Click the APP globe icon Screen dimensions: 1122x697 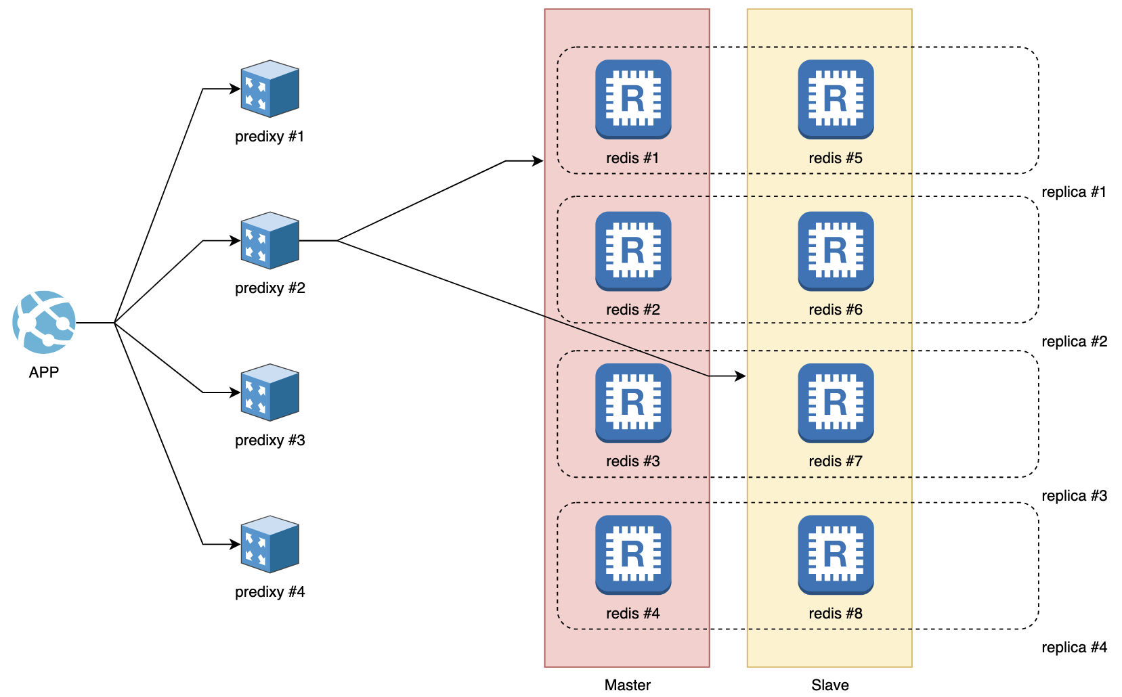pyautogui.click(x=44, y=323)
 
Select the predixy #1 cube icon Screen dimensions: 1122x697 pyautogui.click(x=270, y=89)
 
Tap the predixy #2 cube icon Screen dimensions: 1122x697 pyautogui.click(x=270, y=240)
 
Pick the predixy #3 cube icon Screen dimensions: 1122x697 pyautogui.click(x=270, y=392)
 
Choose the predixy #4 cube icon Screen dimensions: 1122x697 pyautogui.click(x=270, y=544)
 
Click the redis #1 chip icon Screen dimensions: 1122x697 pyautogui.click(x=633, y=99)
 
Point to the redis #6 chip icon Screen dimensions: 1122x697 pyautogui.click(x=836, y=251)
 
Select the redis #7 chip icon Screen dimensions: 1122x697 pyautogui.click(x=836, y=403)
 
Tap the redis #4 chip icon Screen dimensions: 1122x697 pyautogui.click(x=633, y=555)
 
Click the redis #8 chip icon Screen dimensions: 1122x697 pyautogui.click(x=836, y=555)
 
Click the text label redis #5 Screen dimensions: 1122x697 pyautogui.click(x=836, y=158)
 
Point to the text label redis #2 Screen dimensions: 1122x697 pyautogui.click(x=633, y=310)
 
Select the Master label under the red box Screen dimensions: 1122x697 pyautogui.click(x=627, y=685)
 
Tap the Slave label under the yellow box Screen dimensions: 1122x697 pyautogui.click(x=830, y=685)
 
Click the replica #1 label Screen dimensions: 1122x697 pyautogui.click(x=1074, y=192)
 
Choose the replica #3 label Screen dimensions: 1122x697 pyautogui.click(x=1074, y=496)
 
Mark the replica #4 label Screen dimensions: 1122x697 pyautogui.click(x=1074, y=648)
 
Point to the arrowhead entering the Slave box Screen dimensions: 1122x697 pyautogui.click(x=740, y=376)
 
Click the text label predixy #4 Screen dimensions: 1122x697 pyautogui.click(x=270, y=592)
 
